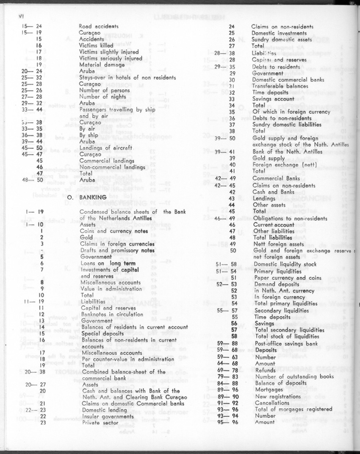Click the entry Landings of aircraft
[x=105, y=148]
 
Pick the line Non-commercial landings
[x=112, y=167]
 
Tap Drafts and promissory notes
[x=117, y=250]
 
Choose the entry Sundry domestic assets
[x=282, y=39]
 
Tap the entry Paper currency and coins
[x=285, y=278]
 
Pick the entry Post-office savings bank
[x=286, y=343]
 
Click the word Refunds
[x=266, y=370]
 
